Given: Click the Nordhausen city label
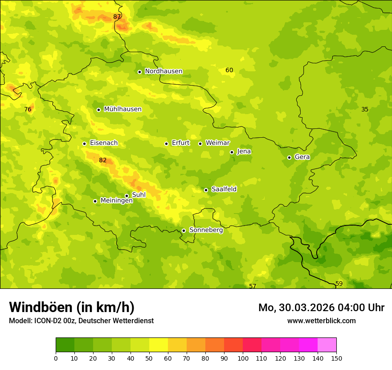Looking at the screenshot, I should (x=163, y=71).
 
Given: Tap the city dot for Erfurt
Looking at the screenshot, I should (x=166, y=144).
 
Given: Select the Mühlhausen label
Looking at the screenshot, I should (x=122, y=109).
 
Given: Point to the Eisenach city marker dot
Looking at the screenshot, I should (x=84, y=144).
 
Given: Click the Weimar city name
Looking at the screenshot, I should (x=217, y=143).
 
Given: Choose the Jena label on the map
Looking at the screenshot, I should (x=244, y=152).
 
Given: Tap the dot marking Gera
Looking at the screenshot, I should (x=289, y=157).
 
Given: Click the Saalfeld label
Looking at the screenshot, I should (x=224, y=189).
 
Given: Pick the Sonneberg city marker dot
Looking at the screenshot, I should (x=184, y=230).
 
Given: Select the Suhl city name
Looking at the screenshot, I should (x=139, y=195).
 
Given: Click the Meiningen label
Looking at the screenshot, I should (x=116, y=201).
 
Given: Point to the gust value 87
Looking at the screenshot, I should (x=117, y=17).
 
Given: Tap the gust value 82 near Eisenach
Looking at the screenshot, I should (x=103, y=160).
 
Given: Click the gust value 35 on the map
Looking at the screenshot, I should (x=365, y=110).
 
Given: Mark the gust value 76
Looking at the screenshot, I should (x=28, y=110).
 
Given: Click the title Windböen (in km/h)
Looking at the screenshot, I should (x=72, y=307).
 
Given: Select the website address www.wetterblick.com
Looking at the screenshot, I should (x=321, y=321).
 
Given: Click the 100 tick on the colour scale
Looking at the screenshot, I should (x=243, y=358).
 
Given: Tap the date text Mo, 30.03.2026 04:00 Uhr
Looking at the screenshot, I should (x=321, y=308).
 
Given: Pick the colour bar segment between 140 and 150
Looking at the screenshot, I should (x=327, y=345).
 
